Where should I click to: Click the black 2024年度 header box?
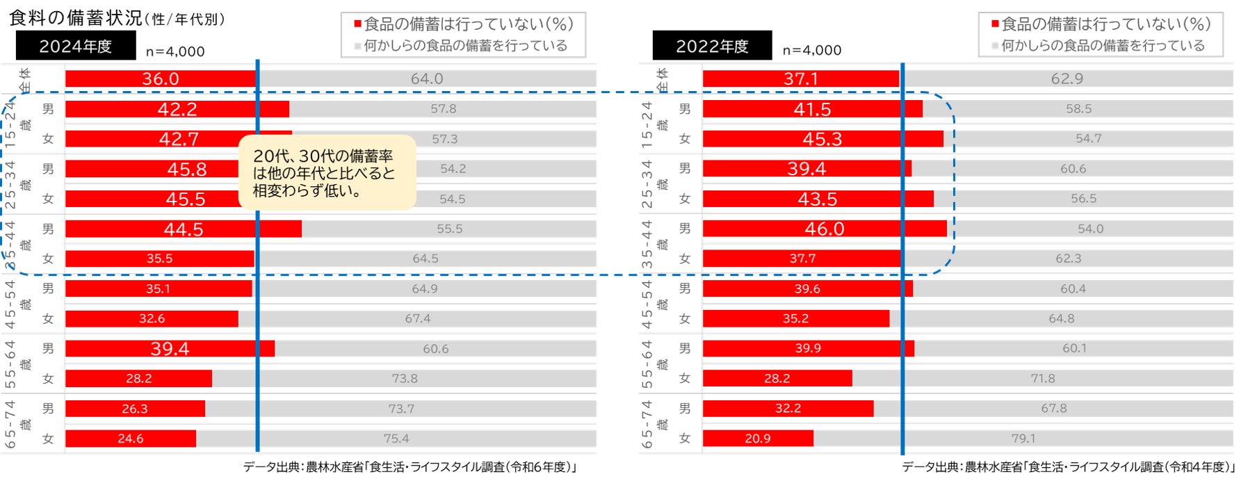[x=75, y=46]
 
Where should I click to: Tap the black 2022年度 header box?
[x=712, y=46]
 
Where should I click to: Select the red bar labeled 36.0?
[x=161, y=79]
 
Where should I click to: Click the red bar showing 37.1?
[x=800, y=79]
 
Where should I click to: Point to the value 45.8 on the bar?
[x=186, y=169]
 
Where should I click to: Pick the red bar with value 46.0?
[x=825, y=229]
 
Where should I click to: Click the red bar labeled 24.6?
[x=131, y=439]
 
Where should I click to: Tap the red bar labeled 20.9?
[x=758, y=439]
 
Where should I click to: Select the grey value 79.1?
[x=1023, y=439]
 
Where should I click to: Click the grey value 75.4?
[x=396, y=439]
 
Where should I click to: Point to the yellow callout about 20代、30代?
[x=327, y=173]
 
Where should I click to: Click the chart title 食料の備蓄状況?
[x=75, y=18]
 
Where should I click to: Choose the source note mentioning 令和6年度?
[x=410, y=467]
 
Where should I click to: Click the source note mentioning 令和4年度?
[x=1068, y=467]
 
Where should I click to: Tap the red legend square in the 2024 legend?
[x=357, y=24]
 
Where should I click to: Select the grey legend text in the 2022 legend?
[x=1103, y=46]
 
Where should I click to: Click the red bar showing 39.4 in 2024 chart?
[x=170, y=348]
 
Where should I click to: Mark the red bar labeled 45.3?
[x=823, y=139]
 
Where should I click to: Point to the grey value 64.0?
[x=427, y=79]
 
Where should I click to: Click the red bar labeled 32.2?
[x=788, y=409]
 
